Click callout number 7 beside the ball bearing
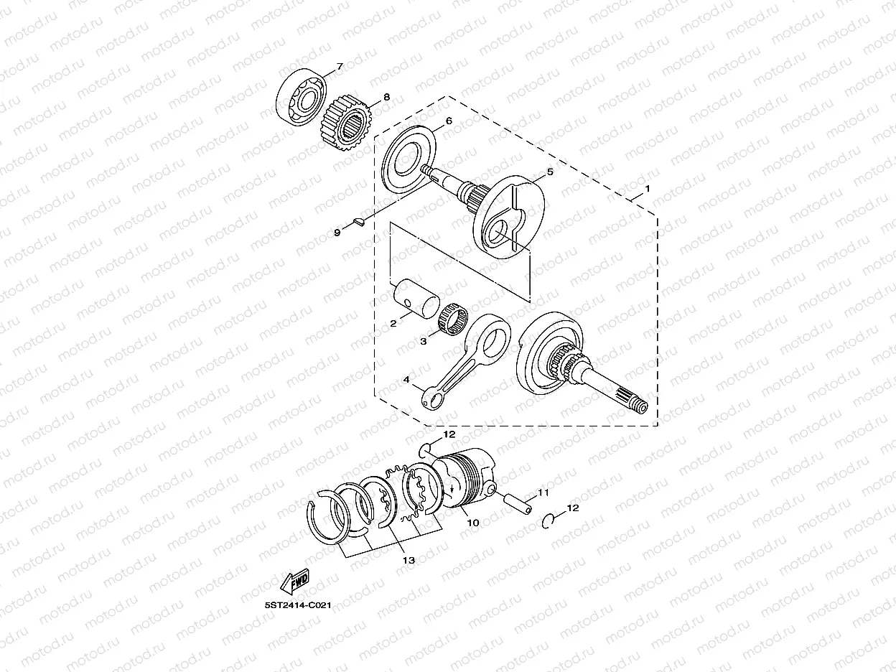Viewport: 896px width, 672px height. point(340,67)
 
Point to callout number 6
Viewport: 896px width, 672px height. point(448,121)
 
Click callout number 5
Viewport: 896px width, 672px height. point(550,172)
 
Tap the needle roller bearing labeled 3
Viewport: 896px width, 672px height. point(452,317)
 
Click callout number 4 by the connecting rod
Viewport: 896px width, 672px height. point(406,381)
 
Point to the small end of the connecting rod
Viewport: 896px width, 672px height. point(431,398)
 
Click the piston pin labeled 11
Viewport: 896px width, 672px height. point(518,500)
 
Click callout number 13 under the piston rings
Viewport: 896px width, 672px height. point(409,560)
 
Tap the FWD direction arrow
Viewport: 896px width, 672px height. point(294,581)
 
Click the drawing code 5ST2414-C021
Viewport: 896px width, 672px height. point(297,605)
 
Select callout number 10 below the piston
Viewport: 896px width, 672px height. point(472,523)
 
